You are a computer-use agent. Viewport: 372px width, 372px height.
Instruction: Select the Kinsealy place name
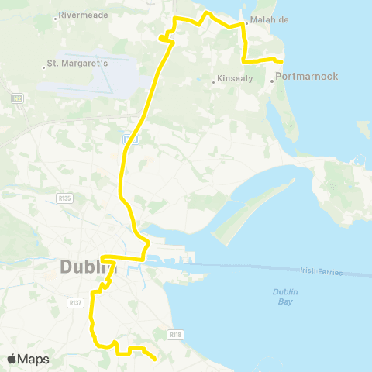coord(232,79)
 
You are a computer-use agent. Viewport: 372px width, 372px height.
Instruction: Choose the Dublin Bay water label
coord(286,296)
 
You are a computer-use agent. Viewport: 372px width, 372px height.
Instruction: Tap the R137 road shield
coord(75,302)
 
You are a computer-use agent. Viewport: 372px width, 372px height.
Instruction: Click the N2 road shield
coord(16,98)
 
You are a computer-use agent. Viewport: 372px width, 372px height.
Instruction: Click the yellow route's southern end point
coord(156,359)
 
